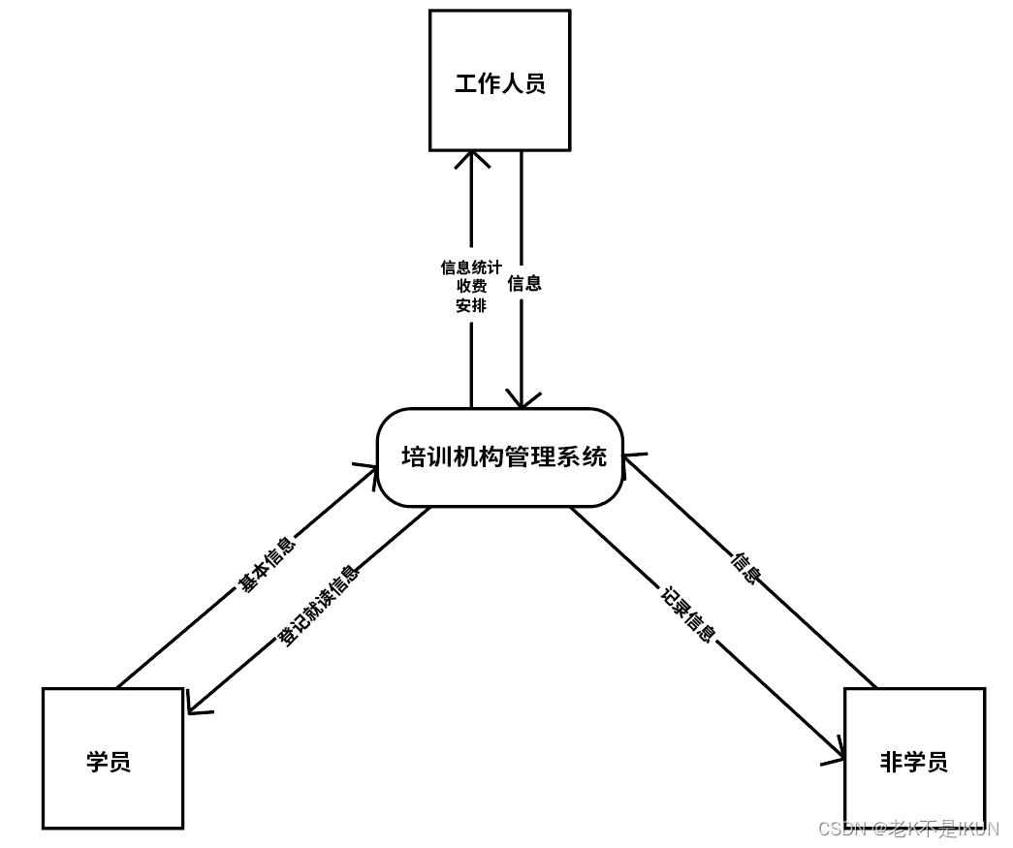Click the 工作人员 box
(x=499, y=80)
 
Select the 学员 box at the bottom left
(x=112, y=758)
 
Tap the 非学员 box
(x=914, y=758)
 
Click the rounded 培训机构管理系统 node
(x=499, y=457)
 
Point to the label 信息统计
(x=471, y=267)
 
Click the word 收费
(x=471, y=286)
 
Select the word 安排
(x=471, y=305)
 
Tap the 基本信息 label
(x=267, y=564)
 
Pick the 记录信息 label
(x=688, y=614)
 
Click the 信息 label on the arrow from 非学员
(x=745, y=568)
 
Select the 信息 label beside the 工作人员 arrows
(x=524, y=283)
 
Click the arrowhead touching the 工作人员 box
(x=472, y=156)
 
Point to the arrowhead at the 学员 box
(x=194, y=707)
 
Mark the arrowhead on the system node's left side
(x=370, y=472)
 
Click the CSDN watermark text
(x=908, y=829)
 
